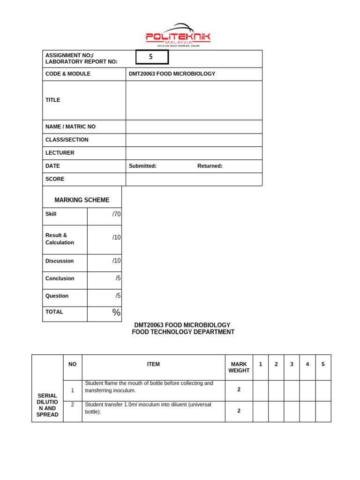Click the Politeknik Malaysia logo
click(178, 35)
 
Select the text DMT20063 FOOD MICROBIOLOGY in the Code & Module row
click(172, 74)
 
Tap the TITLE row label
click(53, 100)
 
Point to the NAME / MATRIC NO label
click(70, 127)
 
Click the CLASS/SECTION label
click(67, 140)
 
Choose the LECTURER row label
click(60, 153)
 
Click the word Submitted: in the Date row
click(142, 166)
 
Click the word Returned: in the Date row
click(210, 166)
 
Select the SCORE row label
click(55, 179)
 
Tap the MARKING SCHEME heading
click(82, 200)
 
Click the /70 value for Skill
click(116, 214)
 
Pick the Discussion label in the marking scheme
click(60, 261)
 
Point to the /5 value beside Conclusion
click(118, 278)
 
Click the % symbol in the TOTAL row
click(116, 313)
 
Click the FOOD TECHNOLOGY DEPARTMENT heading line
click(183, 332)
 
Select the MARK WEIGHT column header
click(239, 367)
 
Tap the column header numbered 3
click(292, 364)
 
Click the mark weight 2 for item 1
click(239, 390)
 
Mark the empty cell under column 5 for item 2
click(323, 411)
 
